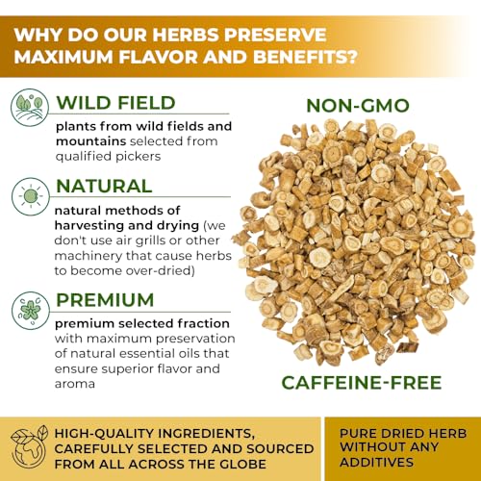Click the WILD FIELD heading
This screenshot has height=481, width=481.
coord(115,103)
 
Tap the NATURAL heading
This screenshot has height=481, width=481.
coord(104,186)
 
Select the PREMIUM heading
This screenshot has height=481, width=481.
coord(105,300)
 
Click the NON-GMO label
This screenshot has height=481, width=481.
coord(358,106)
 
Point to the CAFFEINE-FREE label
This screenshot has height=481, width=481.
coord(362,383)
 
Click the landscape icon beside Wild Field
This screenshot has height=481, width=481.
coord(30,108)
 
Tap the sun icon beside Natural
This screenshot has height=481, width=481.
coord(31,196)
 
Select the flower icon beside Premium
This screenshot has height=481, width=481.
coord(31,311)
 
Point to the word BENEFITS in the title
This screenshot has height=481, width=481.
coord(305,57)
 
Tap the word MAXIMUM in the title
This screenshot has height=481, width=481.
coord(63,57)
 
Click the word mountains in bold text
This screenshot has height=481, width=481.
coord(90,141)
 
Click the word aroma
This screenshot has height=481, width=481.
coord(75,384)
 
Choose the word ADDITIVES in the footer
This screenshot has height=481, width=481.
coord(377,463)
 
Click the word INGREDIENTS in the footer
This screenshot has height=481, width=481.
coord(206,434)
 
